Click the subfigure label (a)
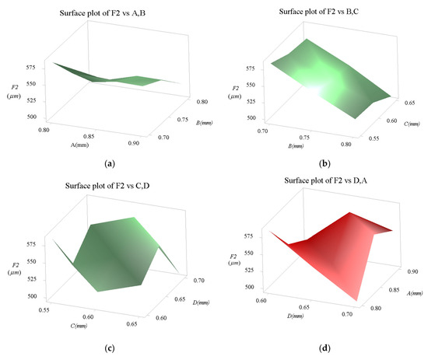point(109,165)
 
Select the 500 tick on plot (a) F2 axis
point(32,117)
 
